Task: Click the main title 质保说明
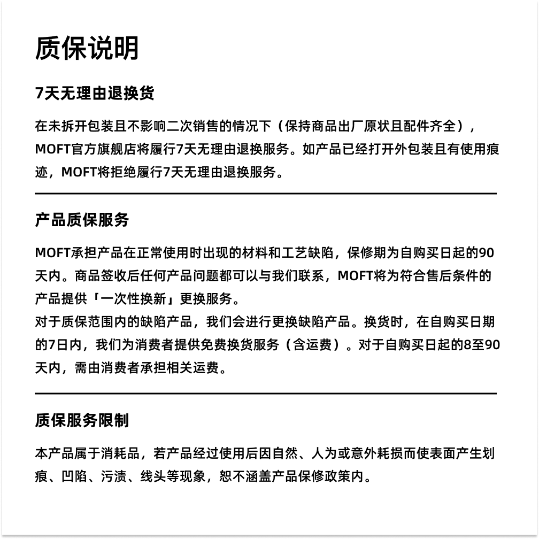[x=87, y=48]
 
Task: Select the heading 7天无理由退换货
[x=95, y=93]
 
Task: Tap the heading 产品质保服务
[x=82, y=220]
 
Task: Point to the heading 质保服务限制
[x=82, y=420]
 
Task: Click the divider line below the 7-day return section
[x=266, y=194]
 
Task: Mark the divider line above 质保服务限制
[x=266, y=394]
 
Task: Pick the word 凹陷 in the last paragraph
[x=74, y=476]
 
